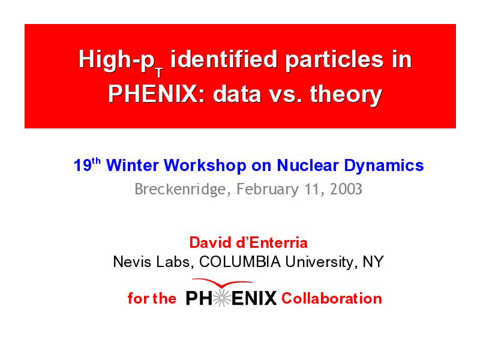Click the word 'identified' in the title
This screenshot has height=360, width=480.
(224, 59)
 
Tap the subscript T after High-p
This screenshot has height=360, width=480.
(159, 73)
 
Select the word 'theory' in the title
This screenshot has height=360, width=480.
(346, 95)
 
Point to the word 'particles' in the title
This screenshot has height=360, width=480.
(334, 59)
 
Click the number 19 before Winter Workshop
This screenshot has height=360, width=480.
(83, 166)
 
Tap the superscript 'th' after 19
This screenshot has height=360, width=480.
(97, 161)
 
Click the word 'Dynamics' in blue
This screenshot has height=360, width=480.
(384, 166)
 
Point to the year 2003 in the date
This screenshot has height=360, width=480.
(346, 189)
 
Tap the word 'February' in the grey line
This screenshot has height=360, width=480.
(268, 190)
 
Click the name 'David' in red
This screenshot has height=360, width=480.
(211, 242)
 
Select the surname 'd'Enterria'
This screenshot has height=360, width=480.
(272, 242)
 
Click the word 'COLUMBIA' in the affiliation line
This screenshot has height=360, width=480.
(239, 262)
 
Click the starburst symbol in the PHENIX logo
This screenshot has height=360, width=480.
(221, 298)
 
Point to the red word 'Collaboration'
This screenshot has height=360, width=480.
(332, 298)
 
